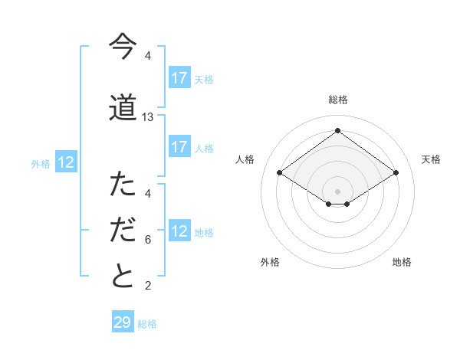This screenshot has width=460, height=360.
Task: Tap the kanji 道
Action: (123, 107)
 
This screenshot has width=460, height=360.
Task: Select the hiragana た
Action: (123, 185)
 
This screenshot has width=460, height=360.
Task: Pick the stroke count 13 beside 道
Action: (148, 117)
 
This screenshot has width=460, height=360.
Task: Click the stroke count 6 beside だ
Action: (148, 240)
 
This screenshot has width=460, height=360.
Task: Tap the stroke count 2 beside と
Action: (148, 286)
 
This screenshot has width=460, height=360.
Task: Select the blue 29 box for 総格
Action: (123, 322)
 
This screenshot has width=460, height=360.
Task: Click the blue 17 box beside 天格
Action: (179, 78)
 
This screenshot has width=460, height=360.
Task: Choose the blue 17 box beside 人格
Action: (179, 147)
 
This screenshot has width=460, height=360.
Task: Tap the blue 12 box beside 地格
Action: (179, 231)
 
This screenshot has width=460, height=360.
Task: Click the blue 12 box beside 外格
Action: (66, 162)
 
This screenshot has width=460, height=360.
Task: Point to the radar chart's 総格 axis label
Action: (338, 100)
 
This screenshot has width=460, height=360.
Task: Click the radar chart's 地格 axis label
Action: (402, 263)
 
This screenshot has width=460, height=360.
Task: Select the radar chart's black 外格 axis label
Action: (270, 263)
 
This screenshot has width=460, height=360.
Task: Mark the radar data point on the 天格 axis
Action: (396, 173)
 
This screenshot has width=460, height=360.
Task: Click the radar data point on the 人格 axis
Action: (280, 173)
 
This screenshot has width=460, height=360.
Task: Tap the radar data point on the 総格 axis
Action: (338, 130)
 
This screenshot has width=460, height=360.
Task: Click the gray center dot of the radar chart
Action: (338, 191)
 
